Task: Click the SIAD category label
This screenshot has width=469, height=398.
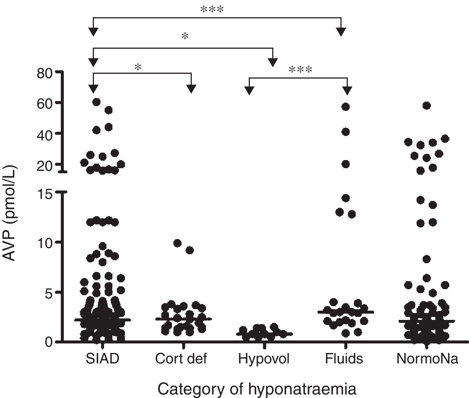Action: pos(102,359)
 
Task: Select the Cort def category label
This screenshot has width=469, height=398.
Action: pos(181,359)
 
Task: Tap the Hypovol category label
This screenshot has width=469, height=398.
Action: pos(264,359)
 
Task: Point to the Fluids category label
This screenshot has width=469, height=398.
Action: pos(344,359)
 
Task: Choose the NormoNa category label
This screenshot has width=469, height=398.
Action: pos(427,359)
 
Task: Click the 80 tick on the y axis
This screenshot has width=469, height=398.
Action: pos(45,74)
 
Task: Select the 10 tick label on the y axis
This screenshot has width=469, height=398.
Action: pos(45,242)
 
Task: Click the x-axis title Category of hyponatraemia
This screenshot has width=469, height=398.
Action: pos(257,389)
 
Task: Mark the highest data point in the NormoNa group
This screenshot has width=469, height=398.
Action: pos(427,106)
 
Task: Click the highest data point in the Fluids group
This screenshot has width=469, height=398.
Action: pos(346,107)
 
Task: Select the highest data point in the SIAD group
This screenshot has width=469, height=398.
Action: pos(96,102)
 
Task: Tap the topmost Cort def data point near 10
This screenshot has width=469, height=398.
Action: pos(177,243)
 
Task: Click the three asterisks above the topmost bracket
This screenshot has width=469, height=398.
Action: pos(212,10)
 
